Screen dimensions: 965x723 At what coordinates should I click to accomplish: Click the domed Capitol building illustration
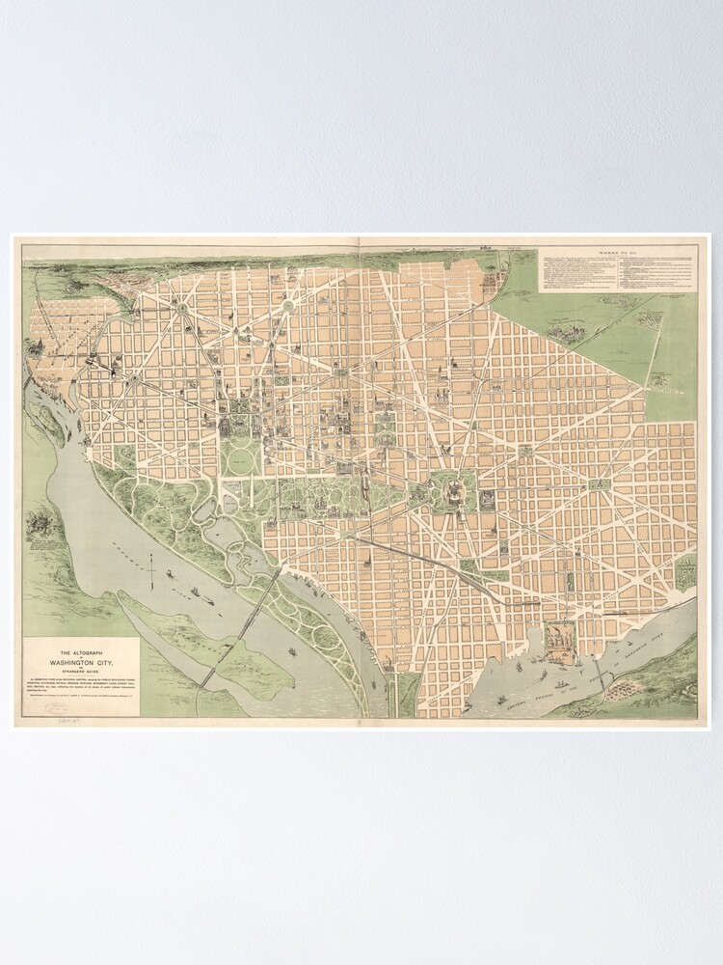[x=449, y=494]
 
